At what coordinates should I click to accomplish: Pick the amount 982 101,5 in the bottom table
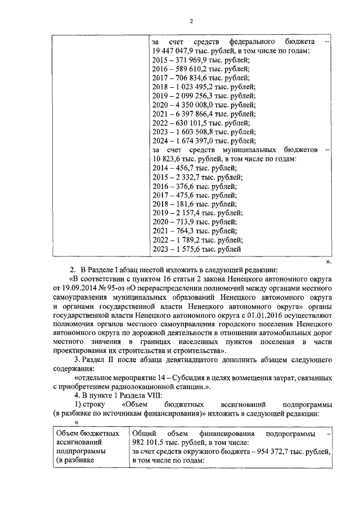(x=150, y=443)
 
